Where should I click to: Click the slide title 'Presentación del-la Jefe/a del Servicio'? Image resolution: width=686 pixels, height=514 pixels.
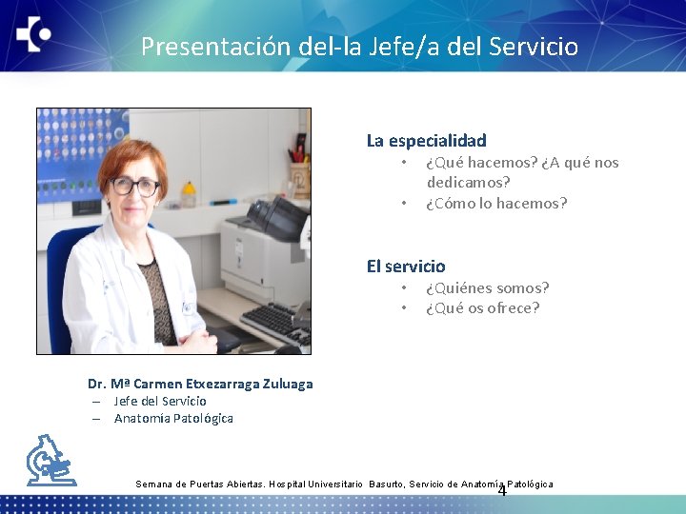pos(359,46)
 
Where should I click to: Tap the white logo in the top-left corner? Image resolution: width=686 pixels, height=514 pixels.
pos(33,36)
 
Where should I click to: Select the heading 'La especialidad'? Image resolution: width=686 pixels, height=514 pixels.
pos(426,141)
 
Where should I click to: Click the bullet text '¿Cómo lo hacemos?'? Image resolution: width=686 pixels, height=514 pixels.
pos(495,203)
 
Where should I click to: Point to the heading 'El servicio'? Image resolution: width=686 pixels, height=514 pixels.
pos(406,267)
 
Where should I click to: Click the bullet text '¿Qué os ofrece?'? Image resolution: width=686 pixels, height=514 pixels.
pos(482,308)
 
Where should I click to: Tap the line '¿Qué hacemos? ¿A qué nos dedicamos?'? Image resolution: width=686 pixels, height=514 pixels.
pos(521,171)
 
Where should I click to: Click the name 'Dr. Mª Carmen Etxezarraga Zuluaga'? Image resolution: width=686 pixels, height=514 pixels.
pos(200,384)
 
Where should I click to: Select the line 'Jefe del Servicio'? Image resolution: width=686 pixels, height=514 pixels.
pos(160,401)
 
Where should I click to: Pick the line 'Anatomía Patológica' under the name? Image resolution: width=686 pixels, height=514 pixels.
pos(173,418)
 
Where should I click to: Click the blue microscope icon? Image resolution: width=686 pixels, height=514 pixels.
pos(50,461)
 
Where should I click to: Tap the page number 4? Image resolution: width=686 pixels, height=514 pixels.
pos(502,491)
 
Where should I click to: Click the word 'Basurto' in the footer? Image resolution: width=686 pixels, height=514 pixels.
pos(387,484)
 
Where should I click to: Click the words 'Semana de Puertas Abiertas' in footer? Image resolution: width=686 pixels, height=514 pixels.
pos(201,484)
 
